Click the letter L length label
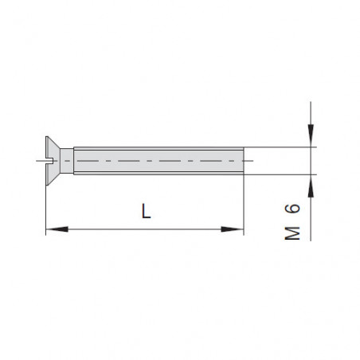[x=146, y=211]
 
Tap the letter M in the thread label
[x=292, y=233]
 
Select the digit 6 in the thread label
[x=292, y=209]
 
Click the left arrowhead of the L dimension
[x=57, y=229]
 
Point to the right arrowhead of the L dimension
[x=233, y=229]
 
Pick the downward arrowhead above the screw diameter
[x=311, y=135]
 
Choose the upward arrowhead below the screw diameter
[x=311, y=186]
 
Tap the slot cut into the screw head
[x=49, y=161]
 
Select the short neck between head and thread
[x=67, y=161]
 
